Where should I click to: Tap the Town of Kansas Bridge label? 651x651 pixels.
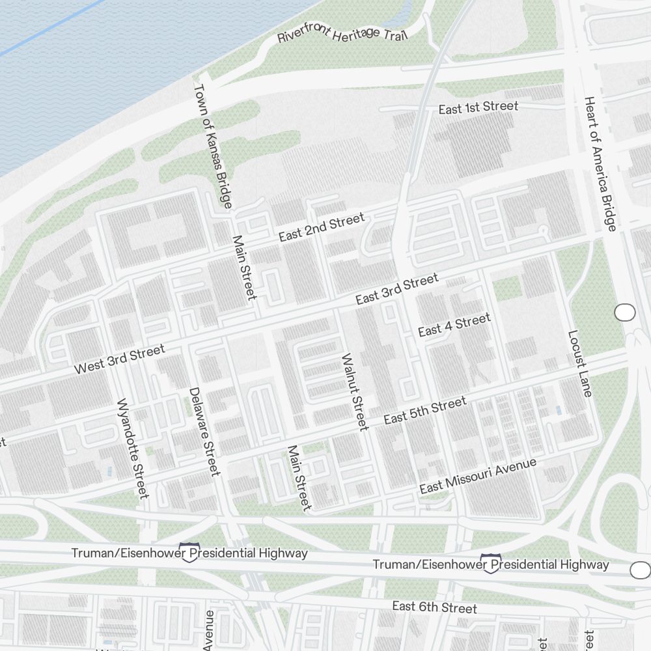coord(214,146)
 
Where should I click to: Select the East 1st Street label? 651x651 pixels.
coord(478,107)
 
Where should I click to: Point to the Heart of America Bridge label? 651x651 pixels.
coord(600,163)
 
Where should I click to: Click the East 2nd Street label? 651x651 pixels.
coord(322,228)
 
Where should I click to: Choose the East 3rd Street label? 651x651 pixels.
coord(397,289)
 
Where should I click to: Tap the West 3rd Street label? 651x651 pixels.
coord(120,359)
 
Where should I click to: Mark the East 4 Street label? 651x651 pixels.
coord(454,325)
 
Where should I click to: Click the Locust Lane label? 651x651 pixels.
coord(579,363)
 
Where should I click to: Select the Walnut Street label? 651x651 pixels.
coord(355,391)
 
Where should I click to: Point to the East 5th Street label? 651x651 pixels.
coord(425,410)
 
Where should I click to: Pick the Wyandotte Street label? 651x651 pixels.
coord(132,448)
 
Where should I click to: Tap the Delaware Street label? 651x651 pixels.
coord(204,431)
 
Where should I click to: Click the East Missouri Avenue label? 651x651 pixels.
coord(478,476)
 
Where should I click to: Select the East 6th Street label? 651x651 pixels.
coord(434,607)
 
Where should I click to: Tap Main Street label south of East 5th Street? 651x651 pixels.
coord(299,477)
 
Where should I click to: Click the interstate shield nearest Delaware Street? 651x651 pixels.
coord(189,552)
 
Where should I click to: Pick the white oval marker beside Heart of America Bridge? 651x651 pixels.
coord(625,312)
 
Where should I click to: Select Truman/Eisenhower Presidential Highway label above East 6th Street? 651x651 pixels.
coord(491,564)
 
